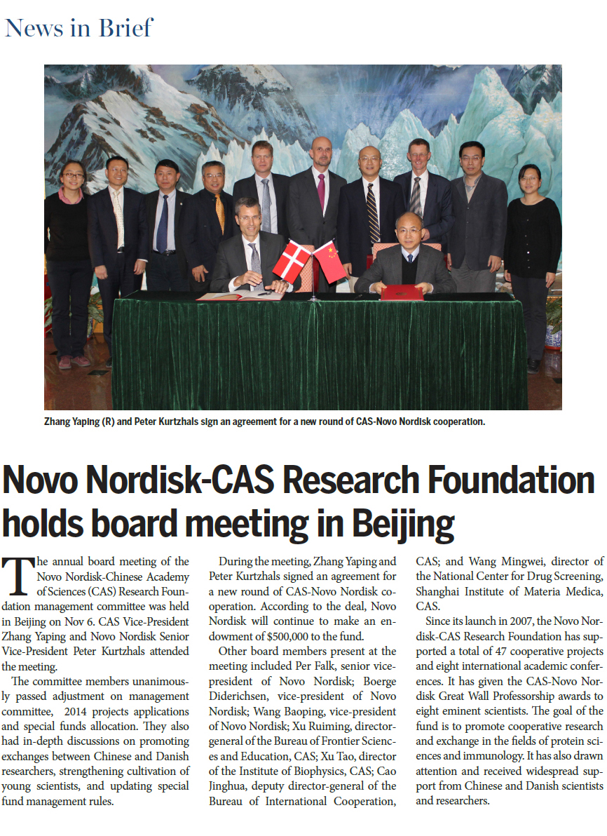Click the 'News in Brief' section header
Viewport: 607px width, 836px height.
coord(79,29)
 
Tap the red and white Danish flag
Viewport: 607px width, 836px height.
coord(292,259)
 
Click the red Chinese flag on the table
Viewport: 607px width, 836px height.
coord(329,260)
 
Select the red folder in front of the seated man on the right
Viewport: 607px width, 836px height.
coord(402,292)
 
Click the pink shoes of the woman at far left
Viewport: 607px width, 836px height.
coord(74,362)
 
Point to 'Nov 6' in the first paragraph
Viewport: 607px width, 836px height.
coord(86,621)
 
